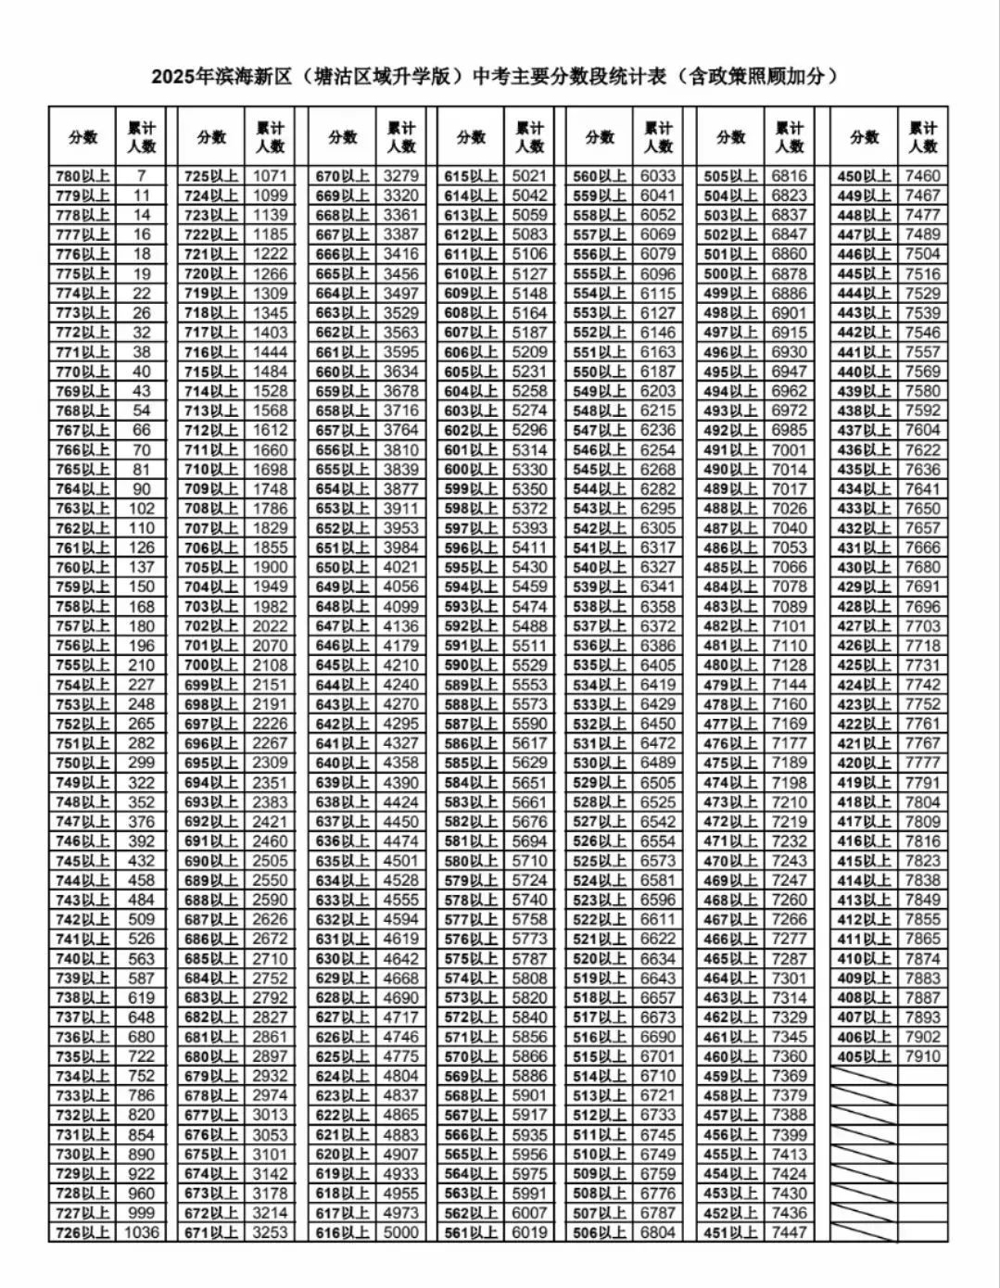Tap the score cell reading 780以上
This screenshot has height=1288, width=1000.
[83, 176]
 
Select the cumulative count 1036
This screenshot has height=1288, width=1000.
[141, 1232]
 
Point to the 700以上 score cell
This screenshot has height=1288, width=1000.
[212, 665]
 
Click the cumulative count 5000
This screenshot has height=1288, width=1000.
[401, 1232]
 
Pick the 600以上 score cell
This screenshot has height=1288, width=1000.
[471, 470]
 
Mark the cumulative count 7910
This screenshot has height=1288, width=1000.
[922, 1056]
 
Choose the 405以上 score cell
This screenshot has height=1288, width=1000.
[864, 1056]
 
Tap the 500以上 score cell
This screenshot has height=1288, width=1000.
[730, 274]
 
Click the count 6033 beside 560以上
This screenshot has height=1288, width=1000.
[658, 176]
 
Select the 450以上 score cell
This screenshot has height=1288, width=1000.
[864, 176]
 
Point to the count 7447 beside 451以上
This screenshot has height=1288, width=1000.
[789, 1232]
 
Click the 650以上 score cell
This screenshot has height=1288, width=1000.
[343, 567]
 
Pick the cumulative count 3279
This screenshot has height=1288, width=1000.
[401, 176]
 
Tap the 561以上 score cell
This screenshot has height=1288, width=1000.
[471, 1232]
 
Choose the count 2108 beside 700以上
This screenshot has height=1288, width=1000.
[271, 665]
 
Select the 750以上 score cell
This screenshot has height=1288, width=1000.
[83, 763]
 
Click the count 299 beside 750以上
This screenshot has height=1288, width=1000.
[141, 763]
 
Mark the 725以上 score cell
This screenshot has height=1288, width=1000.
[212, 176]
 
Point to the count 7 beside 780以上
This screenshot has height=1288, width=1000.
[141, 176]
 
